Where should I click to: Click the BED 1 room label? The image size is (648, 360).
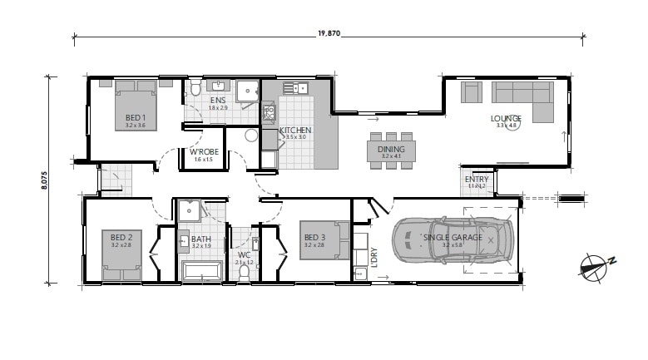[136, 117]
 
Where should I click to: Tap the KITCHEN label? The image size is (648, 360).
[295, 131]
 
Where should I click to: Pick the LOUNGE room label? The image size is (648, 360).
[507, 118]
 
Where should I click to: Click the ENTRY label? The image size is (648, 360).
[477, 179]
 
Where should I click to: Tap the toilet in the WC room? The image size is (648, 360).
[245, 269]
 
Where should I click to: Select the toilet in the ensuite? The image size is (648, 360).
[194, 89]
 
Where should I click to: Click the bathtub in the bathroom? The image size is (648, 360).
[200, 270]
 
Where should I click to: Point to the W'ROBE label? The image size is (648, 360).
[204, 151]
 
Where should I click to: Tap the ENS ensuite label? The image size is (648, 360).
[218, 101]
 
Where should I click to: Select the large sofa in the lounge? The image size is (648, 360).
[523, 93]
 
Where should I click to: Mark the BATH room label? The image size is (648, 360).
[201, 239]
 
